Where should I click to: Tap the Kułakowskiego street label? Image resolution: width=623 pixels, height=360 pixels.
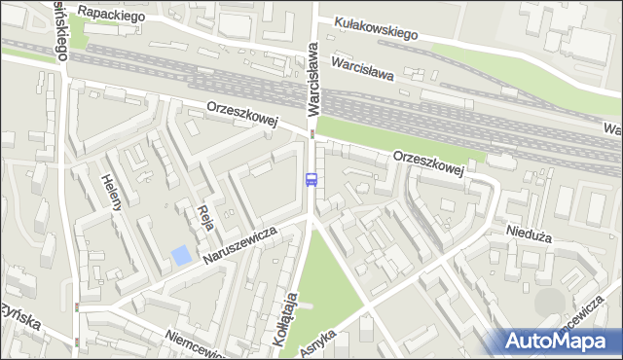click(375, 27)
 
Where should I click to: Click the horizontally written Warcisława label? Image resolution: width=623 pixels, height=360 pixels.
click(361, 68)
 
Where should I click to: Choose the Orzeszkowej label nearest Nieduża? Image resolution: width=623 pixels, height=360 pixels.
click(428, 162)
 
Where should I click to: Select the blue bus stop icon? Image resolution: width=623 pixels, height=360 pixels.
click(311, 179)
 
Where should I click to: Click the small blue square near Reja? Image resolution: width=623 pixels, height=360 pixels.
click(181, 256)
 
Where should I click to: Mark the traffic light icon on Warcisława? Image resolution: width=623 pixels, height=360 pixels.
click(311, 134)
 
